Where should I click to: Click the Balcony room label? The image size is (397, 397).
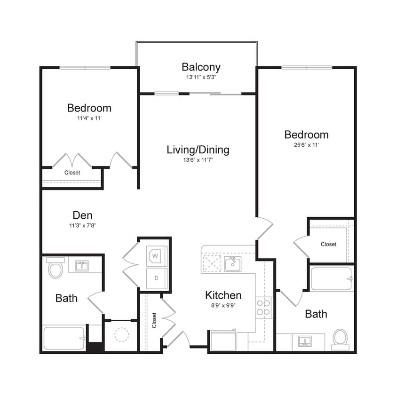pyautogui.click(x=201, y=67)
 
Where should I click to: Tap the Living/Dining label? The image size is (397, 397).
pyautogui.click(x=198, y=150)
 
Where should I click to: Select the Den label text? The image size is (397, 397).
pyautogui.click(x=83, y=215)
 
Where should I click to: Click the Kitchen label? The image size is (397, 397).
pyautogui.click(x=223, y=295)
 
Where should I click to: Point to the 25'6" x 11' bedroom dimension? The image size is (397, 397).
pyautogui.click(x=306, y=145)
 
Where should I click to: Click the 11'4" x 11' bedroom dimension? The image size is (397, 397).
pyautogui.click(x=89, y=119)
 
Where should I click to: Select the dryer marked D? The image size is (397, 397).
pyautogui.click(x=156, y=278)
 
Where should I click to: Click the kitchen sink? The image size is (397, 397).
pyautogui.click(x=232, y=264)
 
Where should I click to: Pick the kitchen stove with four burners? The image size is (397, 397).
pyautogui.click(x=263, y=307)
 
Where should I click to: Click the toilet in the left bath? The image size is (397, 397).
pyautogui.click(x=55, y=268)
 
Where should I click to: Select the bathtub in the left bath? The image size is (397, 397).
pyautogui.click(x=64, y=338)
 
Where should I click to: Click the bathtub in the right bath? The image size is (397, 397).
pyautogui.click(x=331, y=279)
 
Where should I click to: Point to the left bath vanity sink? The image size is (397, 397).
pyautogui.click(x=83, y=265)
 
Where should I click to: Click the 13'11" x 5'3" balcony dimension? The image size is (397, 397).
pyautogui.click(x=201, y=77)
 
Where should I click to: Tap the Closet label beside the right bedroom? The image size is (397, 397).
pyautogui.click(x=328, y=244)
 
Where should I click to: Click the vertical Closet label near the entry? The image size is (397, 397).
pyautogui.click(x=154, y=320)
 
